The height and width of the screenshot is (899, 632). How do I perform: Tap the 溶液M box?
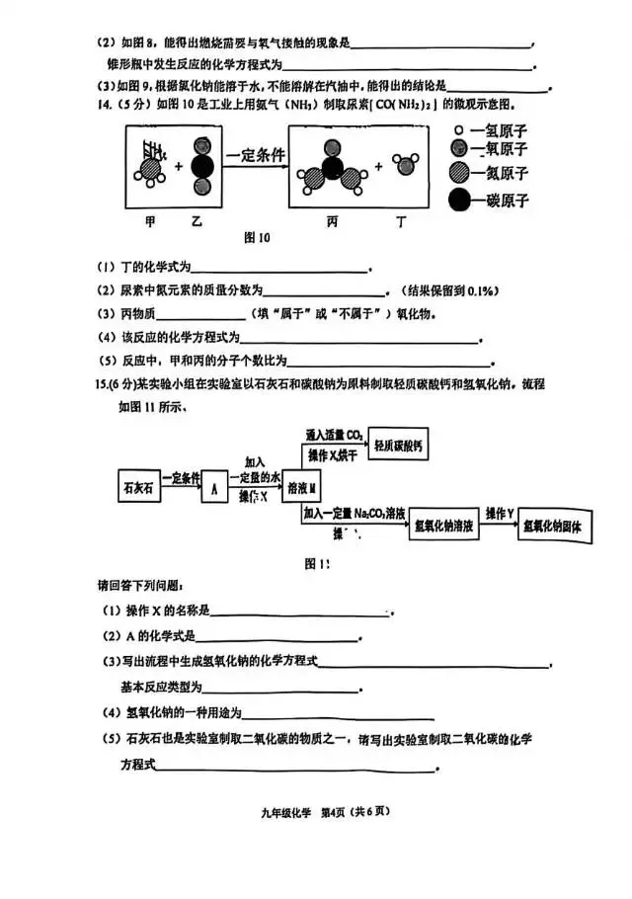(303, 487)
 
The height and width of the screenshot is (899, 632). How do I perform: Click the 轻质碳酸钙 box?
(398, 447)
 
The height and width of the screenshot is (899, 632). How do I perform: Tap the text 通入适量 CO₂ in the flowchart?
(335, 434)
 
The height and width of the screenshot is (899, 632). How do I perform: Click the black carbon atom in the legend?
(459, 200)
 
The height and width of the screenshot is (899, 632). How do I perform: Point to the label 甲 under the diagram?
(150, 222)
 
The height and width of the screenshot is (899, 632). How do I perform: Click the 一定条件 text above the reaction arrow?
(255, 154)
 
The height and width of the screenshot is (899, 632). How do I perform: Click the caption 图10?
(256, 238)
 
